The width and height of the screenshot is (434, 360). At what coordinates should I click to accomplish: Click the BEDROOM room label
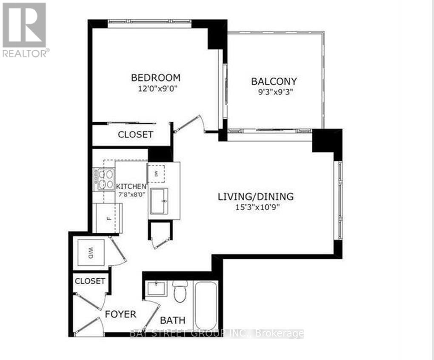click(x=155, y=78)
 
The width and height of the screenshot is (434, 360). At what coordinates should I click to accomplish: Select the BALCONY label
click(x=274, y=81)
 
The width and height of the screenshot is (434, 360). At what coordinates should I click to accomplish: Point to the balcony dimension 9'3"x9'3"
click(x=274, y=91)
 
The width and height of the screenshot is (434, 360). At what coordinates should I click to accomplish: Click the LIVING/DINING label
click(x=256, y=197)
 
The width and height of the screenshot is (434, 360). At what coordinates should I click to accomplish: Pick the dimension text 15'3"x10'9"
click(x=256, y=207)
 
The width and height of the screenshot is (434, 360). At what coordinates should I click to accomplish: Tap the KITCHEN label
click(x=131, y=186)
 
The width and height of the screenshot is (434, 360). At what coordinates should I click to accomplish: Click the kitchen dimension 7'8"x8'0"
click(x=131, y=196)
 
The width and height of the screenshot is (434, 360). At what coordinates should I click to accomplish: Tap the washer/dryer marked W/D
click(x=91, y=253)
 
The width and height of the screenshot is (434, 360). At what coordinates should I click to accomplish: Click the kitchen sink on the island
click(x=158, y=200)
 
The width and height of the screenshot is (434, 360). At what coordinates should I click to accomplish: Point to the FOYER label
click(x=120, y=314)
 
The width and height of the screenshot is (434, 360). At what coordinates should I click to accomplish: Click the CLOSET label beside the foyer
click(x=89, y=281)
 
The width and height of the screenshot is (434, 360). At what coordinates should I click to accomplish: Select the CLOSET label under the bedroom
click(x=135, y=134)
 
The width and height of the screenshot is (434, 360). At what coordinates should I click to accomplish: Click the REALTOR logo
click(x=25, y=30)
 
